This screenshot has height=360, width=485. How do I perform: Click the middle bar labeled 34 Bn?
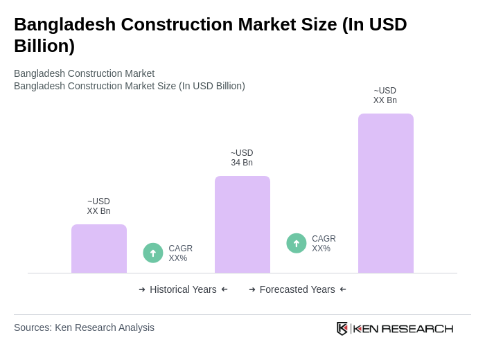[x=242, y=224]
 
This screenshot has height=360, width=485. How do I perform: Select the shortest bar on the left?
[x=99, y=249]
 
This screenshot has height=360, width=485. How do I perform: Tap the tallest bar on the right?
[x=385, y=193]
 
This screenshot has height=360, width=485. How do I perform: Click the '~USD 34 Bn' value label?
[x=242, y=158]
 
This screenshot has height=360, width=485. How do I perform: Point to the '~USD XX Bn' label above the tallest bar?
[x=385, y=96]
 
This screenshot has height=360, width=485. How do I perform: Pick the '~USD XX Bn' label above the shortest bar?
[x=98, y=206]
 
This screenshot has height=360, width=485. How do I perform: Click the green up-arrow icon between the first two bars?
[x=153, y=253]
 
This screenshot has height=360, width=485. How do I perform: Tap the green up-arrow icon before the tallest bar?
[x=297, y=243]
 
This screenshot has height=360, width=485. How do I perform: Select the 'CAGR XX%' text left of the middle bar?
[x=180, y=253]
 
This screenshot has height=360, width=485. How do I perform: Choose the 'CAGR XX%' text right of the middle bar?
[x=324, y=244]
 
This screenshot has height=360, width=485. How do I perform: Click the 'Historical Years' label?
[x=183, y=289]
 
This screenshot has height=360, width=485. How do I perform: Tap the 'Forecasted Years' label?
[x=297, y=289]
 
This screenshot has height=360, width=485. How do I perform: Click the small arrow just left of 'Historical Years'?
[x=142, y=289]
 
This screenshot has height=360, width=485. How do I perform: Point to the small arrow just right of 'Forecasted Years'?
[x=343, y=289]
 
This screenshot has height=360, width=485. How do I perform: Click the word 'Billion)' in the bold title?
[x=44, y=46]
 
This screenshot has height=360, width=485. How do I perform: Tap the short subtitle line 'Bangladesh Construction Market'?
[x=84, y=73]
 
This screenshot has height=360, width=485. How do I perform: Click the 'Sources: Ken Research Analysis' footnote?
[x=84, y=327]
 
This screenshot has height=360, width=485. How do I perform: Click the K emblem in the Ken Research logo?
[x=342, y=328]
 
